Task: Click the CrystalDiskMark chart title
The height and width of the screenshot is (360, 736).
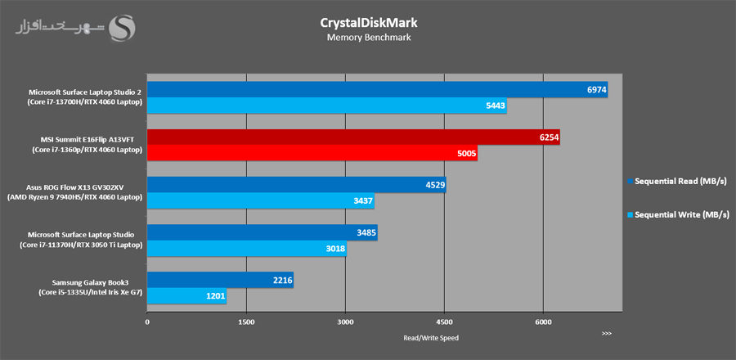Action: (367, 22)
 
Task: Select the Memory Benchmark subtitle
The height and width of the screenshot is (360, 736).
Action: (367, 38)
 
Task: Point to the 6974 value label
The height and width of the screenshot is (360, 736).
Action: (596, 91)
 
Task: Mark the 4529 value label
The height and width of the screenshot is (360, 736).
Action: (434, 186)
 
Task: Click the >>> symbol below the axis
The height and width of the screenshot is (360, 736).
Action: (606, 334)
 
